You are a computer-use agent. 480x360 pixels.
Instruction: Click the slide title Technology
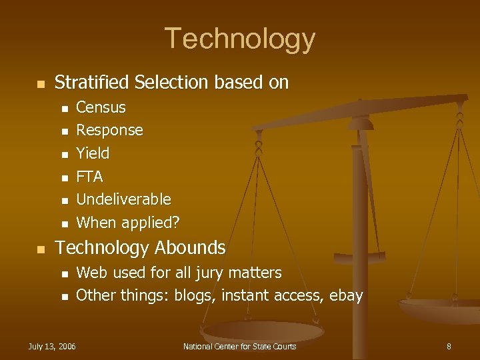coord(239,39)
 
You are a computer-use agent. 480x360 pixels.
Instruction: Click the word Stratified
coord(91,83)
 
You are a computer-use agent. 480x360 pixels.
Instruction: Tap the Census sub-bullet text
coord(101,107)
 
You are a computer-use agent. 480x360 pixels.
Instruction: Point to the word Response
coord(109,130)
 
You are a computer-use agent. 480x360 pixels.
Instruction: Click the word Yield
coord(93,153)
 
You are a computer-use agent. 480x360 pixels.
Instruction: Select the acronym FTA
coord(89,177)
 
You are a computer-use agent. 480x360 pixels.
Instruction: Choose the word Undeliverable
coord(123,199)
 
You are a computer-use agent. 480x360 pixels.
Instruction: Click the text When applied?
coord(128,223)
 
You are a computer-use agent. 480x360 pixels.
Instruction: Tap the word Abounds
coord(190,248)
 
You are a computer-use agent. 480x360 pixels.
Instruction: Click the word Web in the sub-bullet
coord(89,273)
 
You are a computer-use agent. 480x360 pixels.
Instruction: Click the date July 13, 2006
coord(51,346)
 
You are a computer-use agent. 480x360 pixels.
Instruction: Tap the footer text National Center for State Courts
coord(239,346)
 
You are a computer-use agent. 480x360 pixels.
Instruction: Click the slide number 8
coord(449,346)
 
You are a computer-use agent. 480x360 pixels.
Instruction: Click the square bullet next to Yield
coord(64,155)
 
